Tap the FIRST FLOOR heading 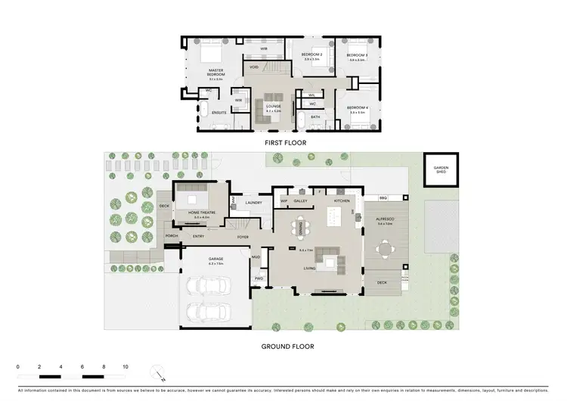coord(283,142)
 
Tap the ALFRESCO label coord(385,219)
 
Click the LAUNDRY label coord(253,203)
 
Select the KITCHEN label coord(342,201)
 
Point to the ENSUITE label coord(219,113)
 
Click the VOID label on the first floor coord(255,67)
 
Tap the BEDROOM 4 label coord(357,108)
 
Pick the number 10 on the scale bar coord(125,365)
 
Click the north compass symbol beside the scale coord(157,372)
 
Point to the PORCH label coord(172,236)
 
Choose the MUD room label coord(256,257)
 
